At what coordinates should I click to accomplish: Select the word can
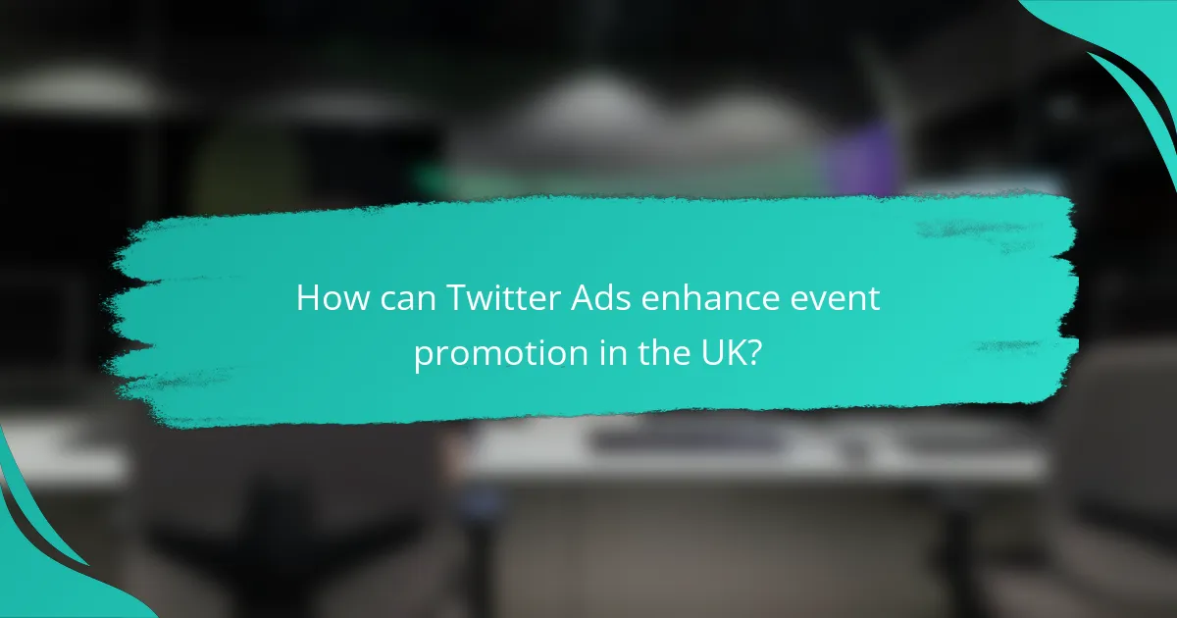(x=401, y=299)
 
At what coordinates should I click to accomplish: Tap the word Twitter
(x=488, y=299)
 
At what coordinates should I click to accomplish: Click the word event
(x=836, y=299)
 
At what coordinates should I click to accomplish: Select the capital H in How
(x=308, y=299)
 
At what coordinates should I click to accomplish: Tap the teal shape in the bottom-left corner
(x=39, y=569)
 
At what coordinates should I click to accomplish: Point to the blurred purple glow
(x=858, y=157)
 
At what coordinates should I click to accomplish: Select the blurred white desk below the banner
(x=745, y=451)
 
